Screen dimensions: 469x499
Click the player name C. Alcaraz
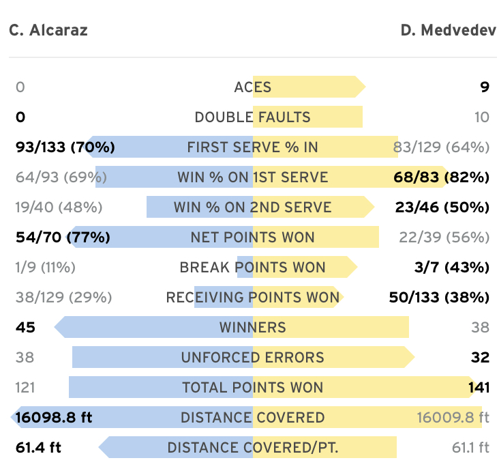(48, 31)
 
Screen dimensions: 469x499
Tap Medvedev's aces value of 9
(484, 87)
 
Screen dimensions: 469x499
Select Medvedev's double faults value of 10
(482, 117)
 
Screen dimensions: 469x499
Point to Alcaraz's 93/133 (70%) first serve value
(65, 147)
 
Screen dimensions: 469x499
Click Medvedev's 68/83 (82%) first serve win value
(441, 177)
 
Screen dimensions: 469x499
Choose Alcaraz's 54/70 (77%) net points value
(63, 238)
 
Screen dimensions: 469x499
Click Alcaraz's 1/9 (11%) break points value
(45, 268)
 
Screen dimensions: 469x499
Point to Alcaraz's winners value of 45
(25, 328)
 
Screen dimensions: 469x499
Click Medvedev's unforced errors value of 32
(480, 358)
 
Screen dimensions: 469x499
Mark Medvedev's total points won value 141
(479, 388)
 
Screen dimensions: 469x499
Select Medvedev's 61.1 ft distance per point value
(470, 448)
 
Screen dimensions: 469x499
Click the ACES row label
(253, 87)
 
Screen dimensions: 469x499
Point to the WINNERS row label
(253, 328)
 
